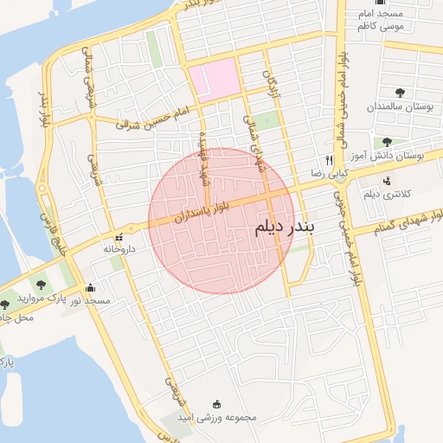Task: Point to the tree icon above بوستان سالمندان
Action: pos(400,93)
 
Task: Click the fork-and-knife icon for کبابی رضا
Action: pos(329,160)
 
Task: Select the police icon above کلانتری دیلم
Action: pos(386,181)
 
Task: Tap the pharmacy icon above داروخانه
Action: pos(119,236)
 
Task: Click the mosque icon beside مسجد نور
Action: pos(91,288)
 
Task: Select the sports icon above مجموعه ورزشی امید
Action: pos(216,404)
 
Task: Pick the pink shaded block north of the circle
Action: pos(213,79)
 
